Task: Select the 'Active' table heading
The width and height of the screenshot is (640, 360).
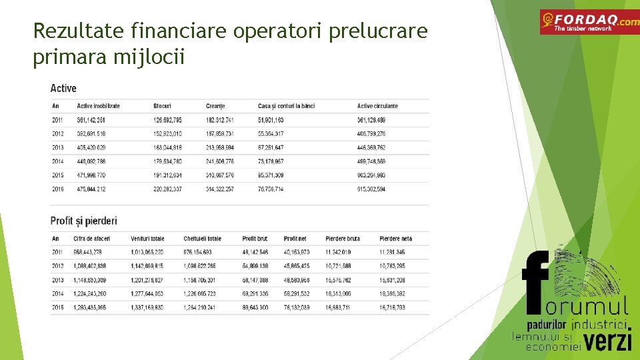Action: pos(63,88)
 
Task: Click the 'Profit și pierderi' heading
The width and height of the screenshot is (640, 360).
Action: pos(83,221)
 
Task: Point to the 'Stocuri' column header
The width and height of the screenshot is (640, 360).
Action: pos(162,106)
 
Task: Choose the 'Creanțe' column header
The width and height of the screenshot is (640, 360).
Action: pos(215,106)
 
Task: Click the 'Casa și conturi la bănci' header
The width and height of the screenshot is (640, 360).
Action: pos(286,106)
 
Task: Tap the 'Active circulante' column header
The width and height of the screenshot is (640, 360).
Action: pos(377,106)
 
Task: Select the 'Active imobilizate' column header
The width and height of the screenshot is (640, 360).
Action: pos(98,106)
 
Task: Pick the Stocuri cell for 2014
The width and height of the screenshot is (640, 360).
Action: pos(167,161)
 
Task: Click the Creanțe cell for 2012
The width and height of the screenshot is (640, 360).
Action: pos(219,134)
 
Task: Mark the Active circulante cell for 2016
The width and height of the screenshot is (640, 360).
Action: pos(371,189)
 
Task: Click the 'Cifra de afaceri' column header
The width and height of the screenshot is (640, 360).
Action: pos(92,239)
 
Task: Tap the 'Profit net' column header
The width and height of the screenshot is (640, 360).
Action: pos(295,239)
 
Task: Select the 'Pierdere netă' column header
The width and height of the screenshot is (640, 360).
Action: pos(396,239)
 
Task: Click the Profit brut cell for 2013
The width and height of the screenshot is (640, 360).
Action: pos(255,280)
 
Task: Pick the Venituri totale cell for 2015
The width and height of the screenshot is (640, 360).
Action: pos(147,308)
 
